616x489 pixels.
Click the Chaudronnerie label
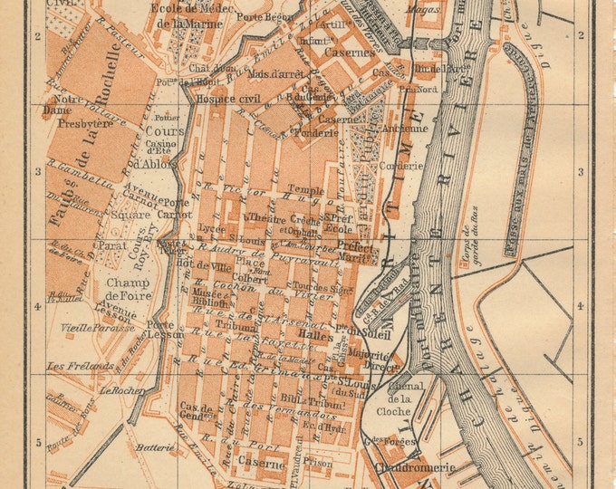409,468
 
